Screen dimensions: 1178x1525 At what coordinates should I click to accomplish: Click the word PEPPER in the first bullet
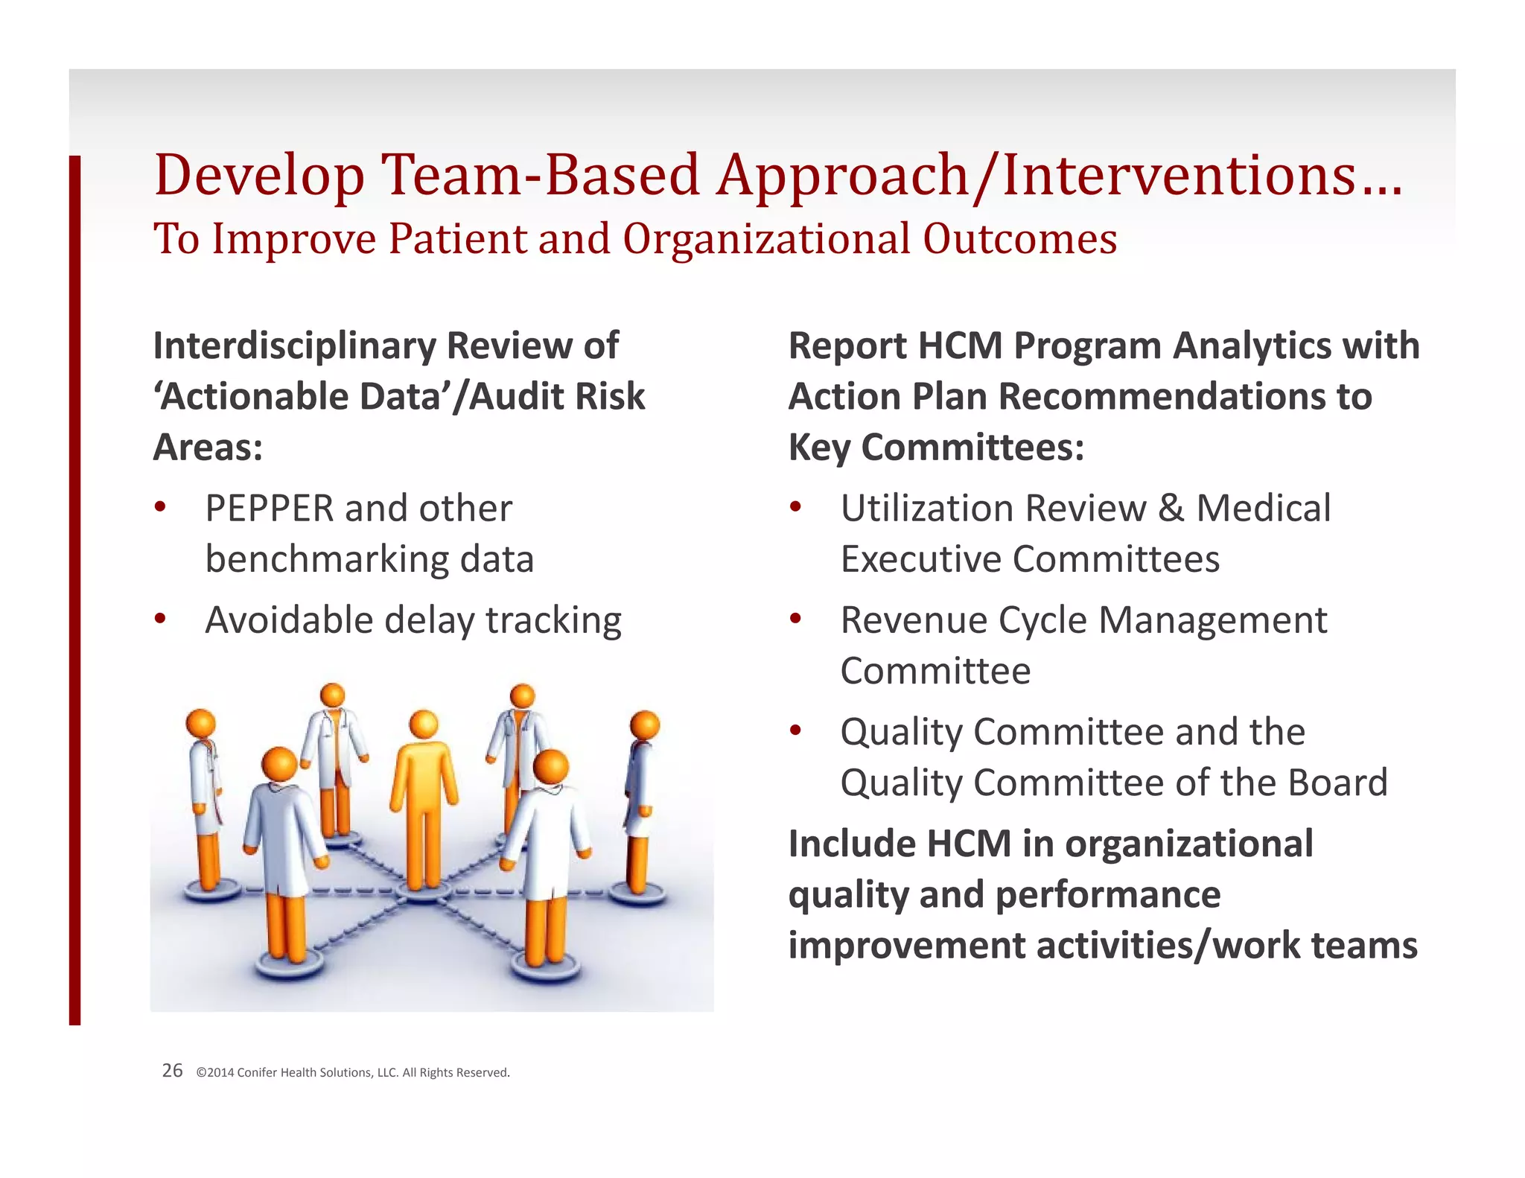pyautogui.click(x=269, y=509)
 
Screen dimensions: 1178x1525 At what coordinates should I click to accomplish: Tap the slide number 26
pyautogui.click(x=172, y=1071)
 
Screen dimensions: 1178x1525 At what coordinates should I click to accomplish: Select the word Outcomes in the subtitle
pyautogui.click(x=1019, y=240)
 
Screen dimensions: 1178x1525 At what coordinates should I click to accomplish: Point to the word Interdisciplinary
pyautogui.click(x=294, y=346)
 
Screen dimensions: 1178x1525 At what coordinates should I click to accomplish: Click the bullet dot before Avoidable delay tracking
pyautogui.click(x=160, y=618)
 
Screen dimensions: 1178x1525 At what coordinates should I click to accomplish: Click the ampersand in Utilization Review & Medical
pyautogui.click(x=1171, y=509)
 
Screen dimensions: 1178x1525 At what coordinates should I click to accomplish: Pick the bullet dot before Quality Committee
pyautogui.click(x=795, y=730)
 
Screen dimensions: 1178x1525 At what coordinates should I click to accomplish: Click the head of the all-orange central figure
pyautogui.click(x=424, y=724)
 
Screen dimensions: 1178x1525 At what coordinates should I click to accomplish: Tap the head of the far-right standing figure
pyautogui.click(x=644, y=725)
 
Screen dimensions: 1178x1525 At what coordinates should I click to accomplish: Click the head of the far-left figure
pyautogui.click(x=200, y=723)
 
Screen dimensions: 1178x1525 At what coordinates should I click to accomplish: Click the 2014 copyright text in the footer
pyautogui.click(x=353, y=1072)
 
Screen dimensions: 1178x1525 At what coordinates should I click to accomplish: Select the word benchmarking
pyautogui.click(x=327, y=560)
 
